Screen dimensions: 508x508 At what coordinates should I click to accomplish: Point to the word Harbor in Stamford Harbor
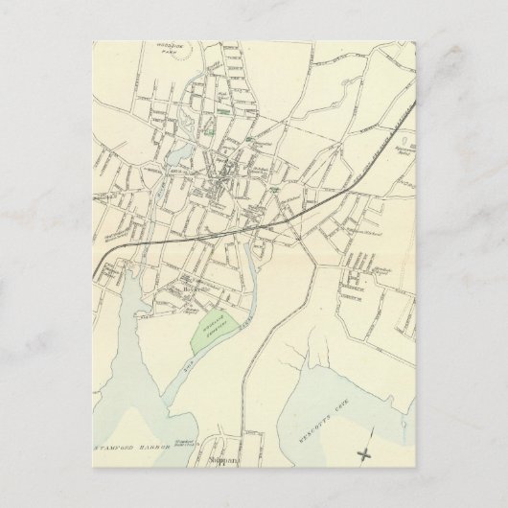tap(153, 446)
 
